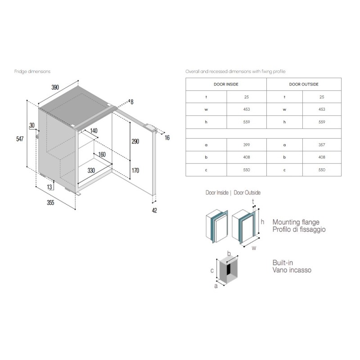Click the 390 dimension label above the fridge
click(55, 87)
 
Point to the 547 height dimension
click(20, 139)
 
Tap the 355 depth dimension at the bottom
click(50, 203)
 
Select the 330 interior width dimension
click(91, 171)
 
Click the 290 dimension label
click(135, 141)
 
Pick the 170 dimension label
click(135, 171)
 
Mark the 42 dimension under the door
click(154, 210)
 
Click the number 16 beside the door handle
click(167, 138)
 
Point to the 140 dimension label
click(94, 130)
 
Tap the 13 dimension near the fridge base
click(49, 187)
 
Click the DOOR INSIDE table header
click(226, 84)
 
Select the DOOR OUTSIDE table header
click(304, 84)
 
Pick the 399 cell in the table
click(247, 145)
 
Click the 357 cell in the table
click(322, 145)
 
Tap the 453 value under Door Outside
click(322, 109)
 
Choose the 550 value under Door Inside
click(247, 170)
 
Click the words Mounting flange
click(296, 222)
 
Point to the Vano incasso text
click(292, 270)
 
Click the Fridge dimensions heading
click(32, 72)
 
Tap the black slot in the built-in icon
click(229, 269)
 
